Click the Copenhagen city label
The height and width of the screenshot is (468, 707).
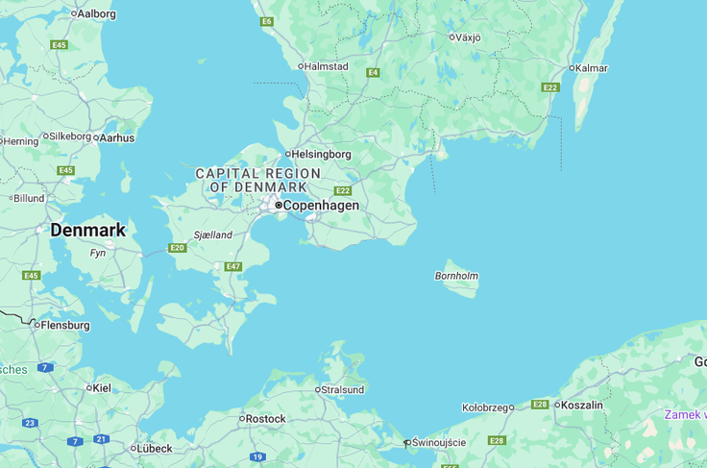point(320,206)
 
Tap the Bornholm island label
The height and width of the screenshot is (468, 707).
point(456,276)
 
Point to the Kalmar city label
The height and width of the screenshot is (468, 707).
point(591,68)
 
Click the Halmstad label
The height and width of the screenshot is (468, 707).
point(326,67)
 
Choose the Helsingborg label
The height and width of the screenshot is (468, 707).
point(321,154)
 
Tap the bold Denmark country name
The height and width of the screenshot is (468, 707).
point(87,231)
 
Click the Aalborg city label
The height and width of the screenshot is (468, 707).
point(96,13)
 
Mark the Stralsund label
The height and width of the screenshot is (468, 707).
point(343,390)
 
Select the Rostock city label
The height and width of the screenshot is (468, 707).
point(265,419)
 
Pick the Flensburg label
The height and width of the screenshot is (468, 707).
point(64,326)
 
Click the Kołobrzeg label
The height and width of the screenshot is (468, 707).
point(484,407)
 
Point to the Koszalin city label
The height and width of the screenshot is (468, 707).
point(582,406)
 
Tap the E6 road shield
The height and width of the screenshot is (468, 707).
point(266,21)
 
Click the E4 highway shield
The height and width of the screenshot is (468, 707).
point(373,73)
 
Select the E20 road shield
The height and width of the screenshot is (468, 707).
point(177,248)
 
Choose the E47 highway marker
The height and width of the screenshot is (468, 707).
point(232,267)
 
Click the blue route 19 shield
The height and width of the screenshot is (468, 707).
point(257,456)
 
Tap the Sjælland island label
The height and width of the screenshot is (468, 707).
point(212,235)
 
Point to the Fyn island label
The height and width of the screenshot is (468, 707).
point(98,254)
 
